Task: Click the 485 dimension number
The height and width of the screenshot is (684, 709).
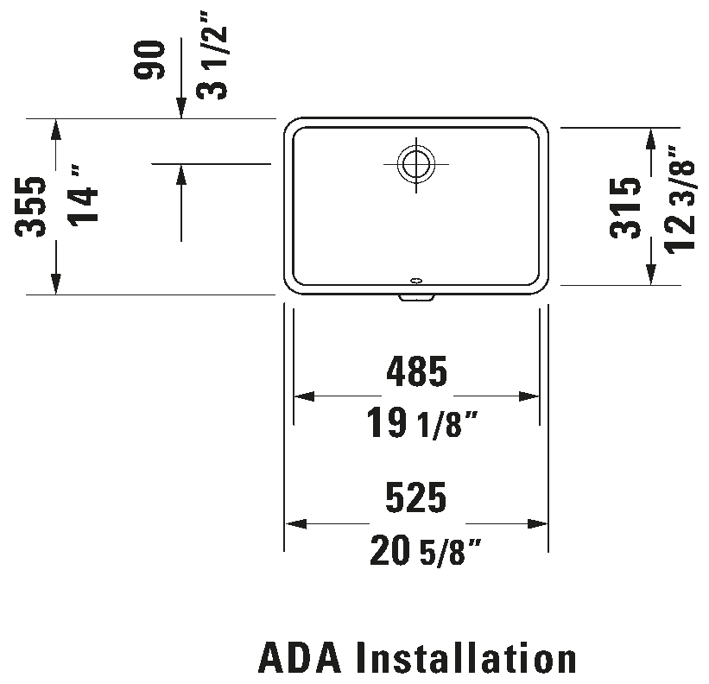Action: (417, 371)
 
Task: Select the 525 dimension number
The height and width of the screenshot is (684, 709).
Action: (416, 497)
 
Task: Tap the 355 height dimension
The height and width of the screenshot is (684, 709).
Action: (30, 206)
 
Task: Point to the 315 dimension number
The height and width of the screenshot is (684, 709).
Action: (625, 208)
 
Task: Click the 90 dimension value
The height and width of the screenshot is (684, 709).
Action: (149, 60)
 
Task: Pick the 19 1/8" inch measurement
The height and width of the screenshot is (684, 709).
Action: (422, 422)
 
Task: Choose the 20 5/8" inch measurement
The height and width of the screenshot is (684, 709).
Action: (425, 550)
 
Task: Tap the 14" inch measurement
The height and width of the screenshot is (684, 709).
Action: (83, 195)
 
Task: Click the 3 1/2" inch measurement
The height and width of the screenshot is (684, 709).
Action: (212, 55)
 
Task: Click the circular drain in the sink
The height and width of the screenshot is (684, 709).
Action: (416, 163)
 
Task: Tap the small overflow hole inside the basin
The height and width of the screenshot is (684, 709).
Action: (416, 281)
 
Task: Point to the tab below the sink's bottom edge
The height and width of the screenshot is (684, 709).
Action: (416, 298)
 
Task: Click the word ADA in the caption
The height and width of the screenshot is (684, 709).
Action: (300, 658)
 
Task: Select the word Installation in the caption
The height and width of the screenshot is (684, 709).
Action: (466, 658)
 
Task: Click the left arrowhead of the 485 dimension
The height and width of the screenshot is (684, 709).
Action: (304, 396)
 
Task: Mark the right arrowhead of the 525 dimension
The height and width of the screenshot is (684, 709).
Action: (538, 524)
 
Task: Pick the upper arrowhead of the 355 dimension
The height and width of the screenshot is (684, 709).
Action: (55, 129)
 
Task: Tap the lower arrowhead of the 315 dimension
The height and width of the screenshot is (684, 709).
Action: (650, 275)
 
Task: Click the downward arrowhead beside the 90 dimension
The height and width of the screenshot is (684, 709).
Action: (181, 109)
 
